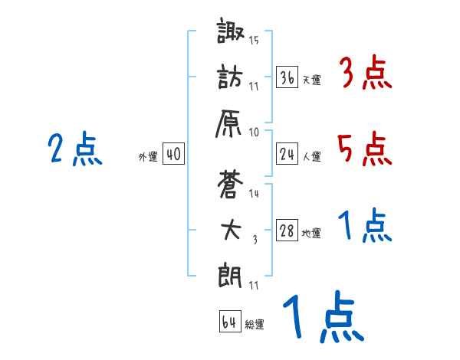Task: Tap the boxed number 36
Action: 287,78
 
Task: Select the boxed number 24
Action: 287,155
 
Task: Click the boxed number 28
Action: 287,231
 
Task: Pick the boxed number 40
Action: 173,155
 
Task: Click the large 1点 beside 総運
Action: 322,318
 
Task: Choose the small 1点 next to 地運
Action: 365,227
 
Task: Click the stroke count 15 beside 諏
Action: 255,40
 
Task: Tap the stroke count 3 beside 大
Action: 255,239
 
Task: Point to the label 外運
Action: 147,157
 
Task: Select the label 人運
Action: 312,157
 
